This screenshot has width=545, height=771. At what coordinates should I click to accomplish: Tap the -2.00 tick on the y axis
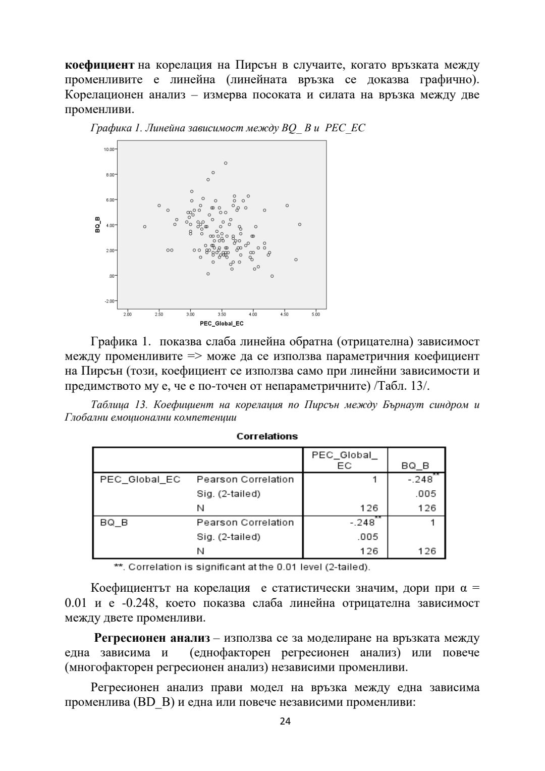[110, 301]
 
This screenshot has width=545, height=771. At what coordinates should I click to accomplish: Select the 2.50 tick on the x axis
[159, 315]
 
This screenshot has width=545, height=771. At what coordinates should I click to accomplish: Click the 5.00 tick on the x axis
[316, 315]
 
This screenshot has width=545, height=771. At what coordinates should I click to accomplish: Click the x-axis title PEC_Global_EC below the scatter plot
[222, 324]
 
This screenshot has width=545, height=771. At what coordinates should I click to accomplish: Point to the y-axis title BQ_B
[97, 225]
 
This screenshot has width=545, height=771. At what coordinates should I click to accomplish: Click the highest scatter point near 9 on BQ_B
[226, 163]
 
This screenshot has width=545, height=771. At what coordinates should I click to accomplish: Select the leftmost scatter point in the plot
[145, 227]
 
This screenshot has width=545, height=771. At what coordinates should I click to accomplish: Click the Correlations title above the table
[267, 436]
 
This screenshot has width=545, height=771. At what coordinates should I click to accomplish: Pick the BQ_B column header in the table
[415, 466]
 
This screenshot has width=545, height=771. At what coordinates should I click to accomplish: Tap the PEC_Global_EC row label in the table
[140, 479]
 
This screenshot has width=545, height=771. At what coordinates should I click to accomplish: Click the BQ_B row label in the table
[114, 522]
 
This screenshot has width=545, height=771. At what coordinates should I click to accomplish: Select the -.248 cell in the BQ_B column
[420, 480]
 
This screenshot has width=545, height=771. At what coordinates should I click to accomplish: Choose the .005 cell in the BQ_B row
[367, 537]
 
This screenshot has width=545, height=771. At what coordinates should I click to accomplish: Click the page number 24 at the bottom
[285, 721]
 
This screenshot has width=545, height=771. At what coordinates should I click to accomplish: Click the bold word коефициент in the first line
[99, 65]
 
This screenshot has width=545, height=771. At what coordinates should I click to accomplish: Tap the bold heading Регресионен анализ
[152, 638]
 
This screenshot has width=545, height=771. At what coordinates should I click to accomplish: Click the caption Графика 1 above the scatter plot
[227, 128]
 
